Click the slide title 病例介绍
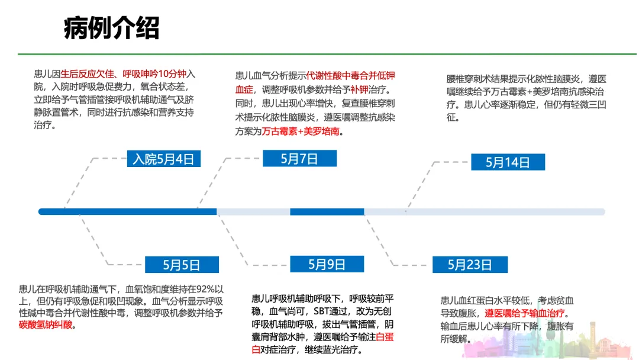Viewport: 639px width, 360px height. point(111,28)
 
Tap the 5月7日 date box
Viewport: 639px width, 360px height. point(299,158)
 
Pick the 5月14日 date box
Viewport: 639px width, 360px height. point(508,162)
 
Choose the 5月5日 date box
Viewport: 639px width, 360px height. point(182,265)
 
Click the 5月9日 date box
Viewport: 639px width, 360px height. point(327,264)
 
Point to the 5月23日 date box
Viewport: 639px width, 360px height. point(470,264)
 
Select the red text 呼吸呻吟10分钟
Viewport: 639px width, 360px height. point(154,74)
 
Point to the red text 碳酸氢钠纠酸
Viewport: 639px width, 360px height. point(46,324)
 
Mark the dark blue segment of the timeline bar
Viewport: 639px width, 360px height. point(127,211)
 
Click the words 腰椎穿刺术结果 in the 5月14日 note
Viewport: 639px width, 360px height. point(478,79)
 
